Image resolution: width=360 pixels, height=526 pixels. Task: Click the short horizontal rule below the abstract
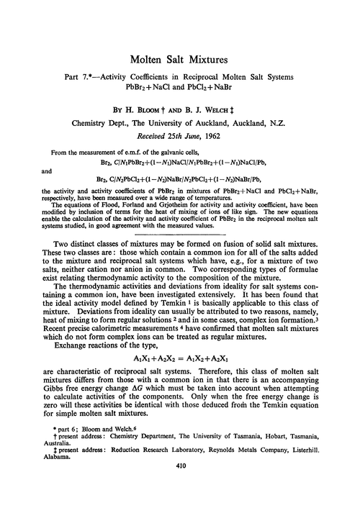[x=180, y=232]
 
